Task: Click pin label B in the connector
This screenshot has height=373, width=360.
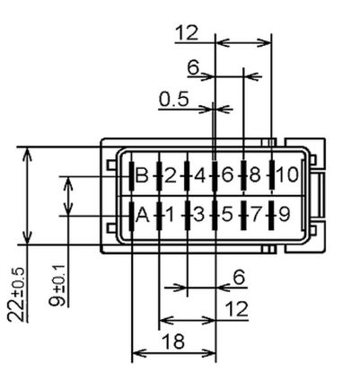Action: (141, 174)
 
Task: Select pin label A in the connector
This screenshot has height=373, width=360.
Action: (141, 215)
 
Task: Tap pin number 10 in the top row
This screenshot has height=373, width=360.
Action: (285, 174)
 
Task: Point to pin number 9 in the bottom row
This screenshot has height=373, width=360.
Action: (284, 215)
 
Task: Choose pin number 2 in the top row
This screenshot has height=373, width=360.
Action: (170, 174)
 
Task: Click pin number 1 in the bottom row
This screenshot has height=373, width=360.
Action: (168, 215)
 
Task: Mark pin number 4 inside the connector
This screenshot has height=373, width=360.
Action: (199, 174)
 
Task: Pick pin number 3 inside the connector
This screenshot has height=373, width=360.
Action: (198, 215)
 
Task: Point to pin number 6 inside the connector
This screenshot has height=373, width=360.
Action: (227, 174)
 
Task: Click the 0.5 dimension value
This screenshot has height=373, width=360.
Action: (173, 98)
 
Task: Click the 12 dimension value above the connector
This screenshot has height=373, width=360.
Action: (186, 32)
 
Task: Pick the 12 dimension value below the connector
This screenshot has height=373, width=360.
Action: (236, 308)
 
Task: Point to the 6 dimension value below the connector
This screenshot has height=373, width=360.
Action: (239, 279)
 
